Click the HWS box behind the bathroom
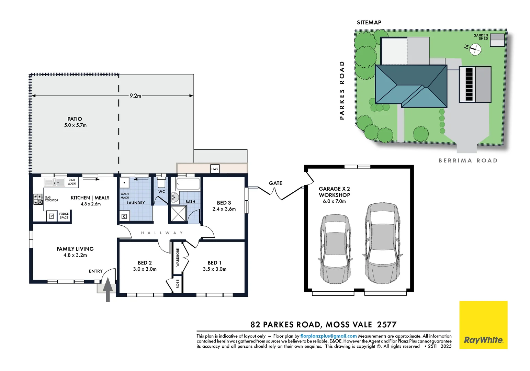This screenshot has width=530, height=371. (215, 169)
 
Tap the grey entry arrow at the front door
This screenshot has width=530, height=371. (108, 289)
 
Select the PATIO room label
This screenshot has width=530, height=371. (75, 119)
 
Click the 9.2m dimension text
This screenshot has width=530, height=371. (135, 96)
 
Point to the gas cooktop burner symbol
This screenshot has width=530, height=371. (38, 199)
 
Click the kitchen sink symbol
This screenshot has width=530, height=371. (55, 182)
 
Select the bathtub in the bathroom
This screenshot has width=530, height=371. (188, 184)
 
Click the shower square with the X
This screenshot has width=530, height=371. (178, 214)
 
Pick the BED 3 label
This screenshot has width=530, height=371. (224, 203)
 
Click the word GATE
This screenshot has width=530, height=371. (275, 183)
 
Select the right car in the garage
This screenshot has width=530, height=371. (382, 243)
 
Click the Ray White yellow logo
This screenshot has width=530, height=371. (483, 325)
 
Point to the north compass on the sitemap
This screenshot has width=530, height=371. (475, 49)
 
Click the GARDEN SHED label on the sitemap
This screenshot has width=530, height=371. (481, 37)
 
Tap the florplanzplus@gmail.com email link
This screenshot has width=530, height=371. (328, 336)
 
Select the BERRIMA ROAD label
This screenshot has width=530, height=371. (468, 160)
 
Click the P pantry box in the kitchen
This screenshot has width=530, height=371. (52, 216)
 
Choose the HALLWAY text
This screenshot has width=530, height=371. (162, 233)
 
